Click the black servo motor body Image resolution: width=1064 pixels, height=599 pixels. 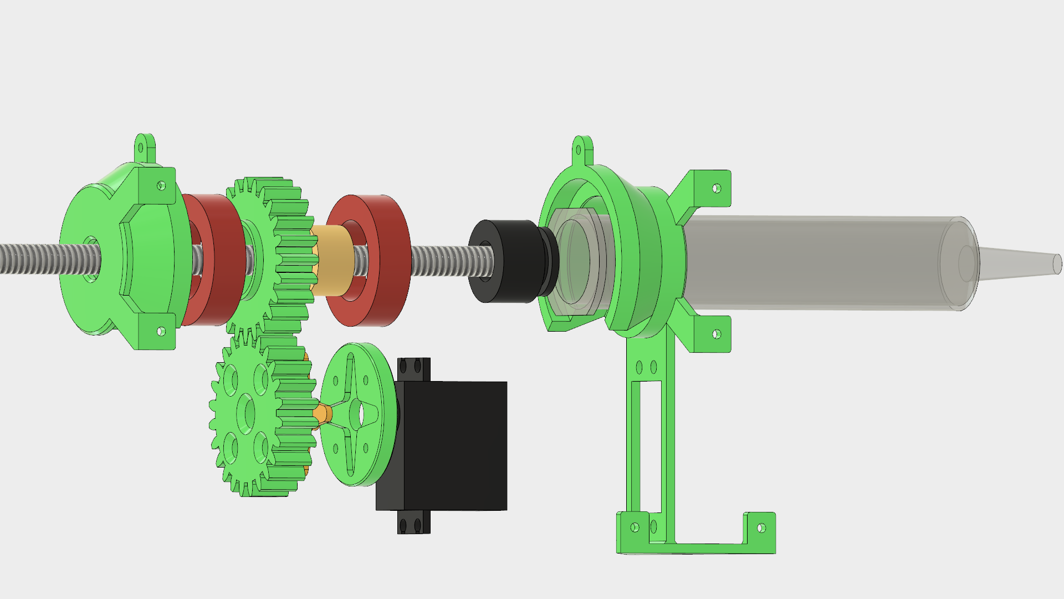454,444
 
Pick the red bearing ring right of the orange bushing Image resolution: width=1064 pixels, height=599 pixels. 382,261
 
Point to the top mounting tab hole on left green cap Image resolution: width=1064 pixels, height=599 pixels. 141,148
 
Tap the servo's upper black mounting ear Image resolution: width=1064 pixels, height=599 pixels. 413,368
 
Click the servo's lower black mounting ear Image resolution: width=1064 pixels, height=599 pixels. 413,522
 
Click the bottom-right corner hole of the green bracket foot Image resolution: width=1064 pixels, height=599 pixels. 761,528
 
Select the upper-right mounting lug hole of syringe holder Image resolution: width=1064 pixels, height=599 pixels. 716,189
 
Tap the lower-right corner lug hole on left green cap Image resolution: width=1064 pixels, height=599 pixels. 161,332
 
